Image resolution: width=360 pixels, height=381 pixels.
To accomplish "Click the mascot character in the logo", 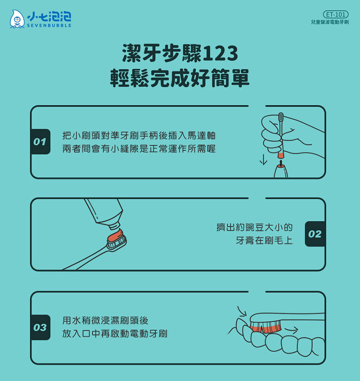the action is coord(17,19).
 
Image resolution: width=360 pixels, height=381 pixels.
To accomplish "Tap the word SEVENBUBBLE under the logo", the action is coord(49,26).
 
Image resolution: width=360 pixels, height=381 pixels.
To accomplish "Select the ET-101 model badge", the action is coord(336,14).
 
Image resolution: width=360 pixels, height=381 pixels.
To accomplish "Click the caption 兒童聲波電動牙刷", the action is coord(330,22).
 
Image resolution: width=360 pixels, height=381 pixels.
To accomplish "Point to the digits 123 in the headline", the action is coord(220,53).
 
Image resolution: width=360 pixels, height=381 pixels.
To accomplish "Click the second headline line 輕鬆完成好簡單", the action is coord(180,78).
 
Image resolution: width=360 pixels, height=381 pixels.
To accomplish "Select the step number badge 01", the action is coord(40,142).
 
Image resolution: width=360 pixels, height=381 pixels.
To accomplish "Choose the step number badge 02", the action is coord(315,234).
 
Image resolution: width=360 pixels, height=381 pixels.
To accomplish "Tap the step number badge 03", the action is coord(40,328).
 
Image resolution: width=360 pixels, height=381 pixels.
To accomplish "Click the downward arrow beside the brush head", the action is coord(263,160).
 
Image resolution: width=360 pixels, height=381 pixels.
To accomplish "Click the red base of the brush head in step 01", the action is coord(280,155).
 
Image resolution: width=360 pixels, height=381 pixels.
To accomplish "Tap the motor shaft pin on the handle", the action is coord(281,163).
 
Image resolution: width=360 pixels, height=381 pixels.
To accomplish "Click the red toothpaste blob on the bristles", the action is coord(116,235).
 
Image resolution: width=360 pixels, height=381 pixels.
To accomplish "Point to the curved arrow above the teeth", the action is coord(242,311).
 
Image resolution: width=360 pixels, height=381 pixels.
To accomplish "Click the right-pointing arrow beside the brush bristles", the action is coord(291,330).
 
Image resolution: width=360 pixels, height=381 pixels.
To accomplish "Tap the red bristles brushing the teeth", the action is coord(266,327).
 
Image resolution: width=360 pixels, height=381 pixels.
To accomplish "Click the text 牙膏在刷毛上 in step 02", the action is coord(264,241).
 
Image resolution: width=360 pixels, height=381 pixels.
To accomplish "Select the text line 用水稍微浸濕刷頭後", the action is coord(105,321).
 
